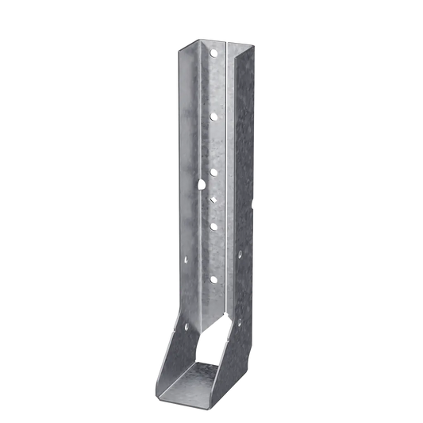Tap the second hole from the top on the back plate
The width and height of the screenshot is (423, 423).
point(213,116)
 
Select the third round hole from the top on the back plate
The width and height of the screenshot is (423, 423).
point(213,169)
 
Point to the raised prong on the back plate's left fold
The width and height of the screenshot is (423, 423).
point(202,184)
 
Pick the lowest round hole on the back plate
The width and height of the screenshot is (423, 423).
point(213,279)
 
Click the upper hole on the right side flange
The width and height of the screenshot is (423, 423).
point(241,254)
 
